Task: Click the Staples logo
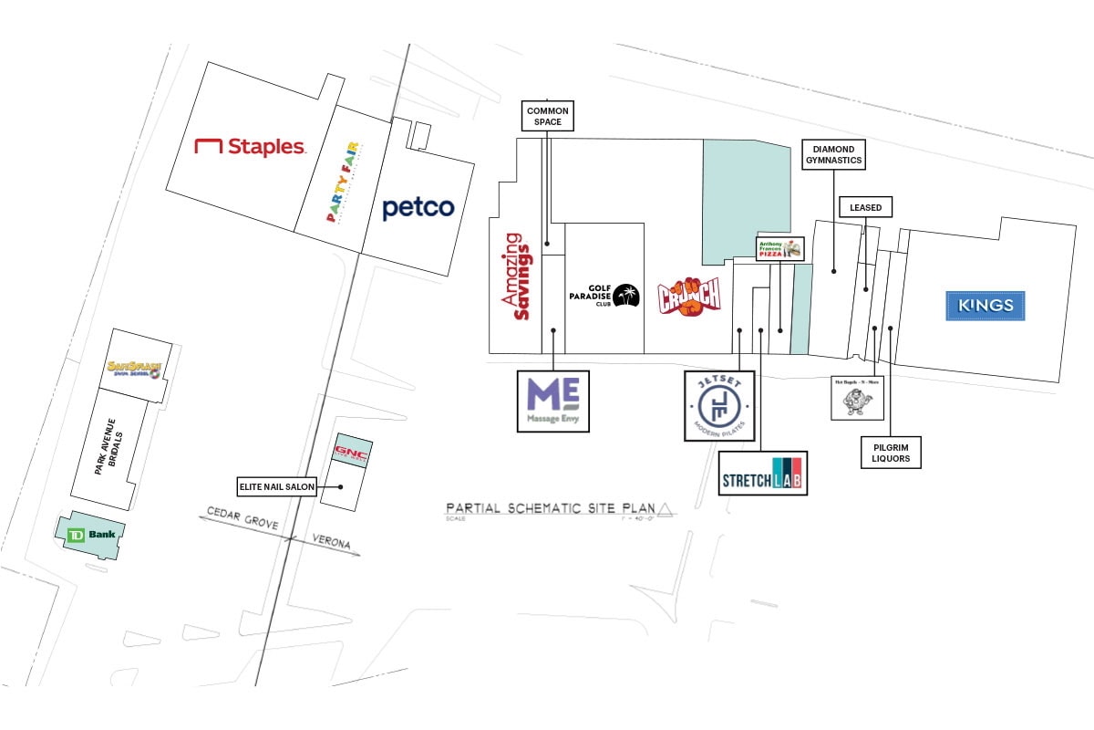pos(250,146)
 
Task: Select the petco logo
pos(418,208)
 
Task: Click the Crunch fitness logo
pos(690,296)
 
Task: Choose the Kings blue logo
pos(985,306)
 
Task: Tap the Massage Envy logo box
pos(552,401)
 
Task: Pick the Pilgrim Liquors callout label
pos(891,452)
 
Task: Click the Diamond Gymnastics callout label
pos(832,154)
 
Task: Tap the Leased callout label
pos(865,208)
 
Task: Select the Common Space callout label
pos(548,116)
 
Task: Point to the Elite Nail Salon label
pos(276,486)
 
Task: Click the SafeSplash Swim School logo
pos(134,369)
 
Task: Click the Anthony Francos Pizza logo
pos(780,249)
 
